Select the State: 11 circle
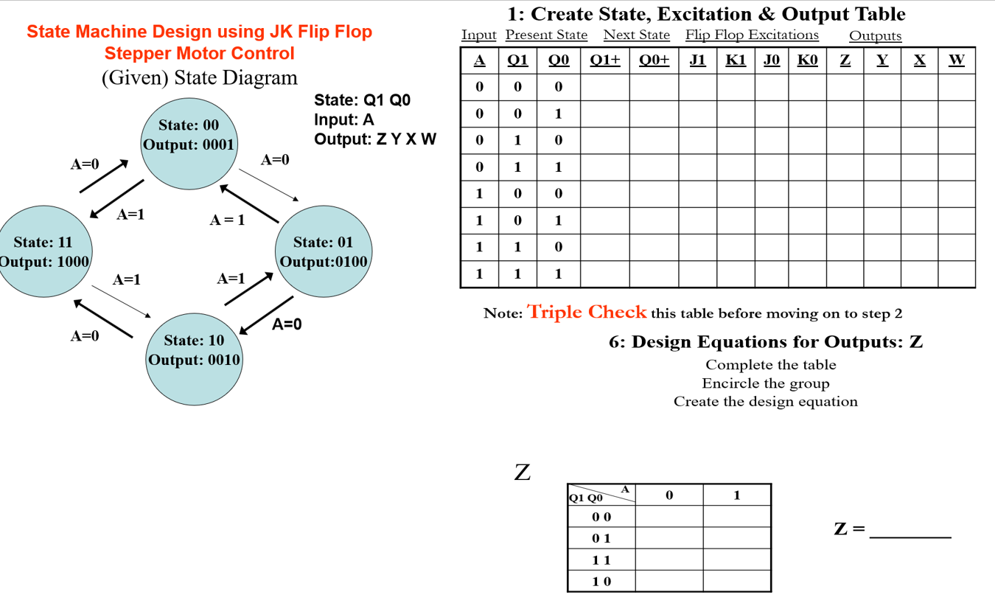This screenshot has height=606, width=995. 43,251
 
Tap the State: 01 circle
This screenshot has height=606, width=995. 323,251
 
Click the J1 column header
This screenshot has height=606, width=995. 697,60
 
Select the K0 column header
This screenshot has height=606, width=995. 807,60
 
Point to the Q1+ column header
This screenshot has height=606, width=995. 604,60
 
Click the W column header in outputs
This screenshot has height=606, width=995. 956,60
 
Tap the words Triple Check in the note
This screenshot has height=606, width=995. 587,313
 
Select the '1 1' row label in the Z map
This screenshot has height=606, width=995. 601,560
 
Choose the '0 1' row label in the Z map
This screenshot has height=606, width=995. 601,539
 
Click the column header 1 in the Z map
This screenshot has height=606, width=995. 736,495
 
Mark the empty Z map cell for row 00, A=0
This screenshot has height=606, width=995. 668,517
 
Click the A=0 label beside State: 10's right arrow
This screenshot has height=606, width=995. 287,324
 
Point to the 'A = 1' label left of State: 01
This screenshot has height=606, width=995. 227,220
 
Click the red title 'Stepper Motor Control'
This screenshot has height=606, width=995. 199,54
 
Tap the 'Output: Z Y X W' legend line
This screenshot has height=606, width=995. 375,139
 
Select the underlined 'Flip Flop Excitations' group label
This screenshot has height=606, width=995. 752,35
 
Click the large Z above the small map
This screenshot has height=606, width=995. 522,472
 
